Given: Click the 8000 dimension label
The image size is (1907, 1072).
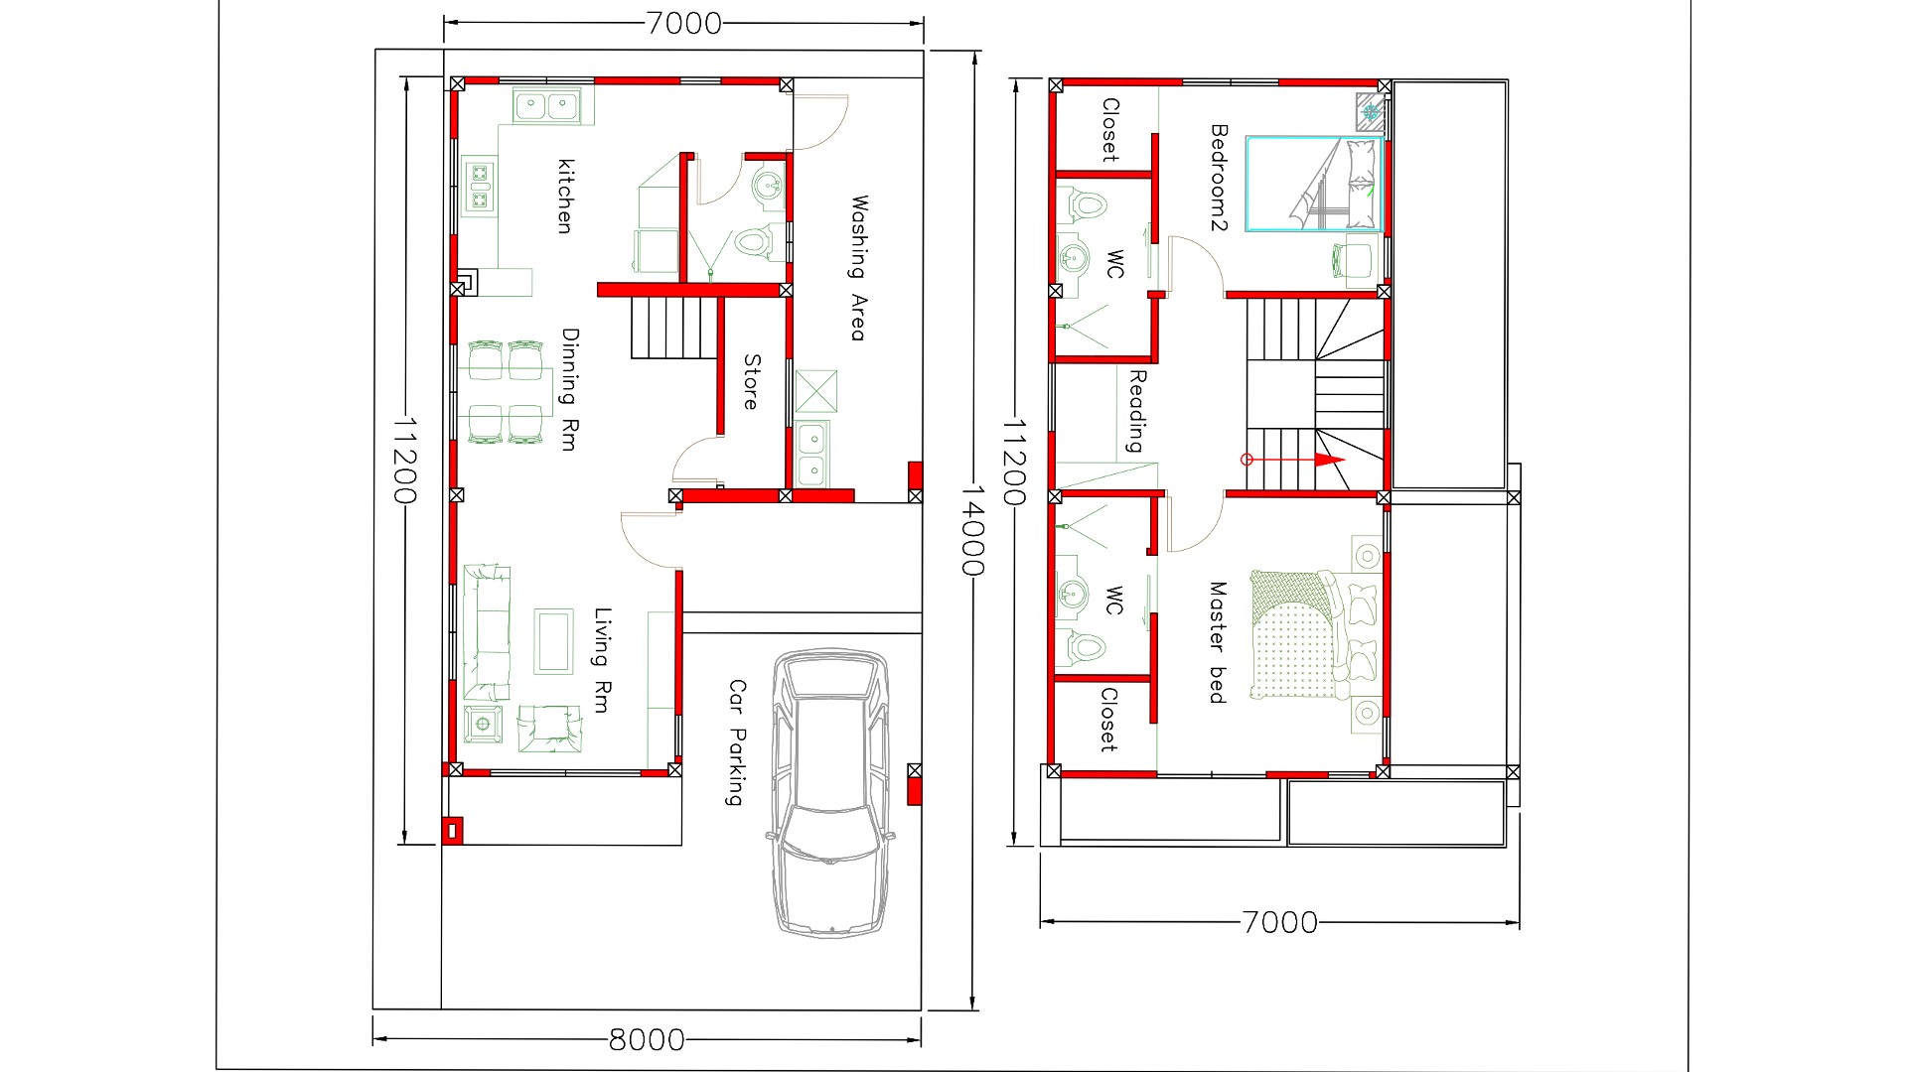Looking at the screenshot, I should pyautogui.click(x=647, y=1039).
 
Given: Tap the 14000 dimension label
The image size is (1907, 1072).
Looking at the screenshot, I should pyautogui.click(x=971, y=530).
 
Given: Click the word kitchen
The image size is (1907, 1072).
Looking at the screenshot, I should pyautogui.click(x=565, y=196).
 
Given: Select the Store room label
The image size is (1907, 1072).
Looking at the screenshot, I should pyautogui.click(x=752, y=382).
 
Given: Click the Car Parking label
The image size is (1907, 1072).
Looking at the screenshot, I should pyautogui.click(x=736, y=741).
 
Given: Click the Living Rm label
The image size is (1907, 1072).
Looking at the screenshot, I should pyautogui.click(x=602, y=659).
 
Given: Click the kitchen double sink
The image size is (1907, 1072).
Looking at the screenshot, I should pyautogui.click(x=546, y=104).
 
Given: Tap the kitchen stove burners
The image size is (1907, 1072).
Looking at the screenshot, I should pyautogui.click(x=480, y=188).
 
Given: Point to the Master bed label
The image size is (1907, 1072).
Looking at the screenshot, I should pyautogui.click(x=1217, y=642).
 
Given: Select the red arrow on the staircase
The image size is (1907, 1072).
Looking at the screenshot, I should pyautogui.click(x=1327, y=460).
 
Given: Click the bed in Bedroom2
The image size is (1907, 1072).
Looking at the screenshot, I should pyautogui.click(x=1314, y=185).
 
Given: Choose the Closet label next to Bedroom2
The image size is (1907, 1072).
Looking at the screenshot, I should pyautogui.click(x=1110, y=129).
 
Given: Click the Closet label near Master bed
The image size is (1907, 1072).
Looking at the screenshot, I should pyautogui.click(x=1108, y=719).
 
